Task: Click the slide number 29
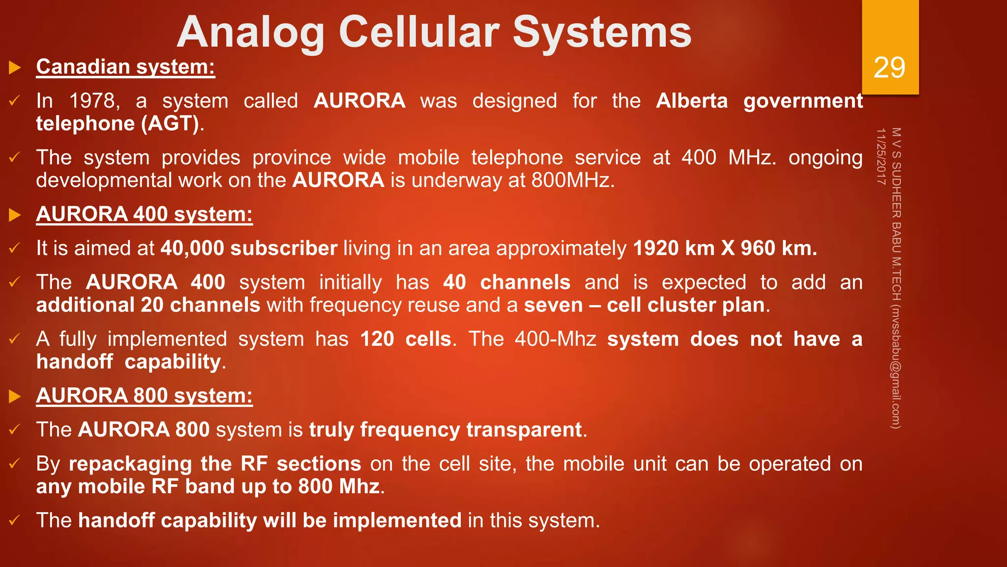[x=889, y=67]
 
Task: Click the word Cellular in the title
[x=419, y=32]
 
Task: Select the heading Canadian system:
[x=125, y=67]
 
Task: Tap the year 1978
[x=93, y=101]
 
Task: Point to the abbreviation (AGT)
[x=170, y=124]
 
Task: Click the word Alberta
[x=691, y=101]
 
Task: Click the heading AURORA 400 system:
[x=144, y=215]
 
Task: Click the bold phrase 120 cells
[x=406, y=339]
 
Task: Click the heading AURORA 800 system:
[x=144, y=396]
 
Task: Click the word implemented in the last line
[x=397, y=521]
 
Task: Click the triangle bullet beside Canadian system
[x=15, y=67]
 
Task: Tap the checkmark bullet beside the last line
[x=14, y=520]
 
